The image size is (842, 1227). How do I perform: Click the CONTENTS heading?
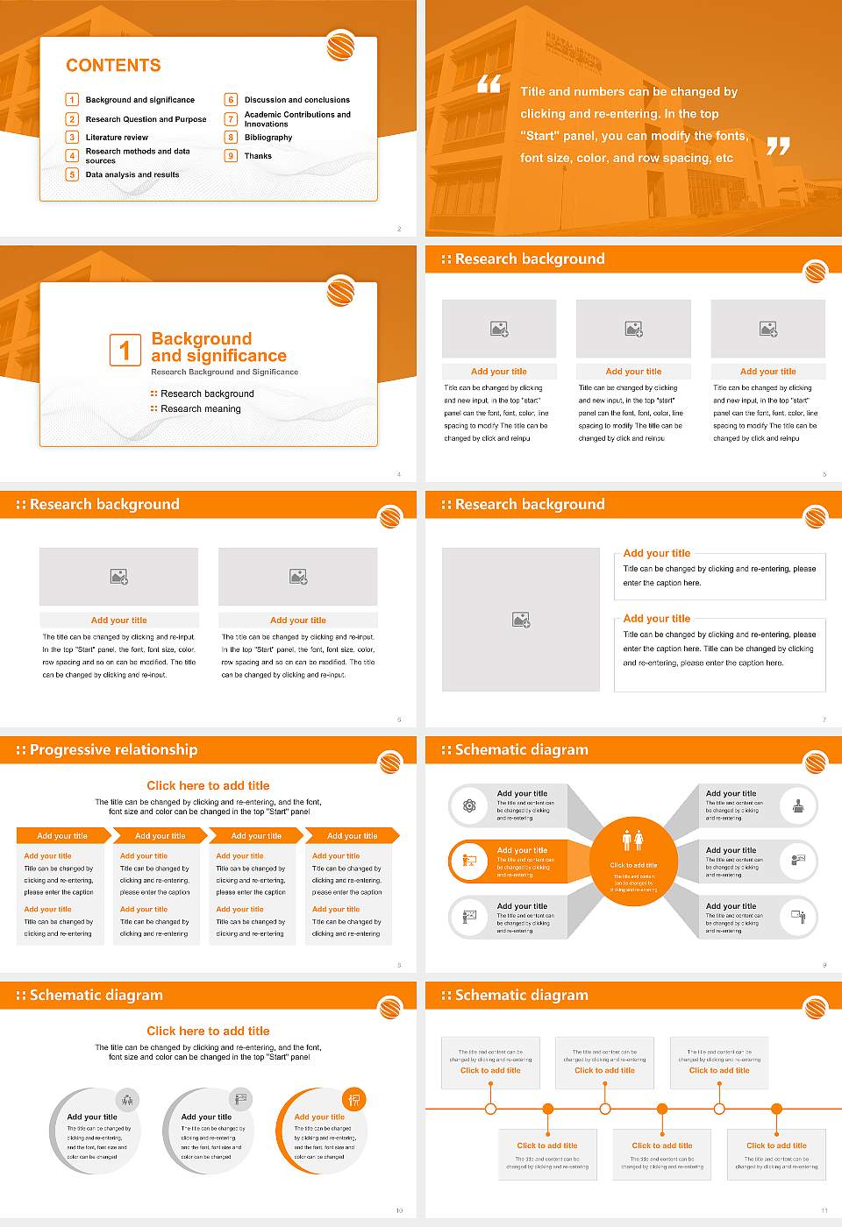(x=113, y=66)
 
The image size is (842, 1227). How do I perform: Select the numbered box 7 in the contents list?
(x=232, y=119)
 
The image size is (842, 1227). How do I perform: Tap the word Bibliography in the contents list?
(x=268, y=138)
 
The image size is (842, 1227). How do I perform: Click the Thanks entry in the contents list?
(x=258, y=156)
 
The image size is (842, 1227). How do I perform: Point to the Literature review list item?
(x=117, y=138)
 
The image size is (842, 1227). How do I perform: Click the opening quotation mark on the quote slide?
(x=489, y=84)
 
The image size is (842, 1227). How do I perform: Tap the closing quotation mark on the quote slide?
(x=778, y=146)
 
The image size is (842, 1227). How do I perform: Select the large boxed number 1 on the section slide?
(x=125, y=350)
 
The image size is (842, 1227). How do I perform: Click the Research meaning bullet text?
(x=201, y=409)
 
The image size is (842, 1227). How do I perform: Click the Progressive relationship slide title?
(x=113, y=750)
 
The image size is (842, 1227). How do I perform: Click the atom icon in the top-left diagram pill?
(x=469, y=805)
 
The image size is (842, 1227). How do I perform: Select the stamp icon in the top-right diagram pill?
(x=798, y=805)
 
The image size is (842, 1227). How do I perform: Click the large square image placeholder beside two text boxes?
(x=521, y=620)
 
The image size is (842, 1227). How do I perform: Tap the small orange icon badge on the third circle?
(x=354, y=1099)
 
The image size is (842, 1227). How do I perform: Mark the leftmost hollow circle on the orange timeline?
(x=490, y=1109)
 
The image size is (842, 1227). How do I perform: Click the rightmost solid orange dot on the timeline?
(x=777, y=1109)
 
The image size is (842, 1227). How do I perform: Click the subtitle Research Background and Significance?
(x=225, y=372)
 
